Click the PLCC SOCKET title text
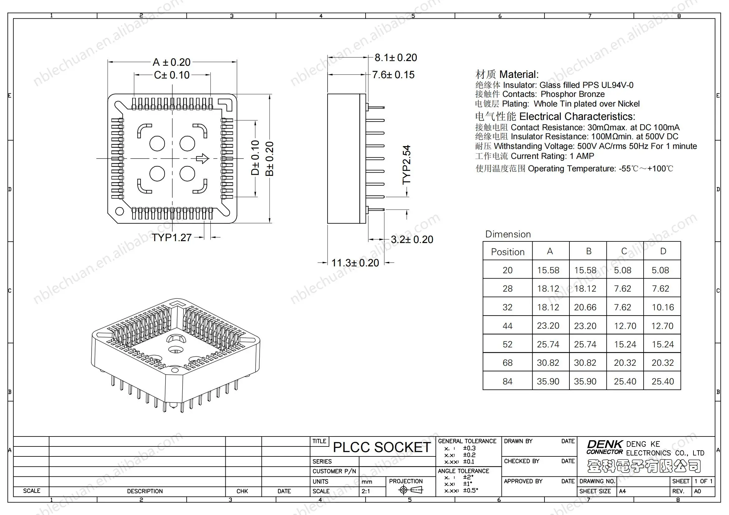[382, 447]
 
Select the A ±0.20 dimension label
[171, 62]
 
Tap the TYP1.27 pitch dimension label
[171, 238]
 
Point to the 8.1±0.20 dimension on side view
[396, 58]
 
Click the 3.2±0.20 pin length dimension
[412, 240]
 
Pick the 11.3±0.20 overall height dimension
[355, 263]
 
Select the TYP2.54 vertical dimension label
[407, 165]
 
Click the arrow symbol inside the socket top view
[202, 158]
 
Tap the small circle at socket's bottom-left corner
[119, 211]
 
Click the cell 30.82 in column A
[548, 363]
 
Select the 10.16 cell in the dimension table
[663, 307]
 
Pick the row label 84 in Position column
[507, 381]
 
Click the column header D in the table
[663, 251]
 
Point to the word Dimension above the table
[508, 234]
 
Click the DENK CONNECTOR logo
[605, 447]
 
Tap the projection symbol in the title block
[410, 490]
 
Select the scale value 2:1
[366, 491]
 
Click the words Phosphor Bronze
[573, 94]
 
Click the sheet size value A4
[622, 491]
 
